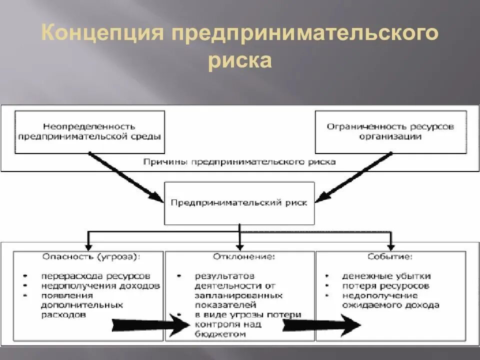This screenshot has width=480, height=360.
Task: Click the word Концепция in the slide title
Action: pos(102,35)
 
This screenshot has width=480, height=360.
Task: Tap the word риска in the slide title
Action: pos(240,61)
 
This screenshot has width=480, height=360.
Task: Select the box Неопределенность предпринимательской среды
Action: pos(90,131)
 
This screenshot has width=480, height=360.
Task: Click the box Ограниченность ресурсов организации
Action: pos(390,131)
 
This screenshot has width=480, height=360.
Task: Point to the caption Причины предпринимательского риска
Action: pos(239,162)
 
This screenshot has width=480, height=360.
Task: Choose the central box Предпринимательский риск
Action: pos(240,203)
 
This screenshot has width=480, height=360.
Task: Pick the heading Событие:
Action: pos(390,257)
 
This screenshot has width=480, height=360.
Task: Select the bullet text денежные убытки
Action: pos(386,276)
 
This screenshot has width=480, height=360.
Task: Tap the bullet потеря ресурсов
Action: pos(385,286)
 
